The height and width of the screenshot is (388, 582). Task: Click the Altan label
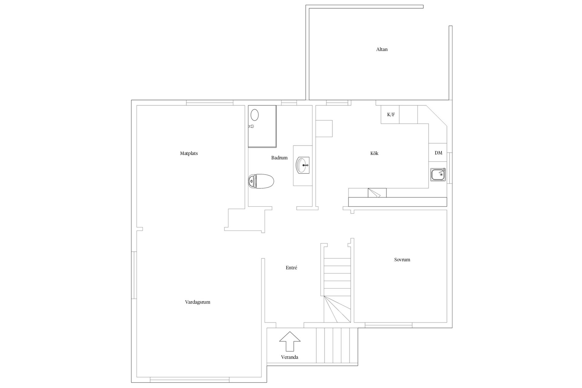pos(382,49)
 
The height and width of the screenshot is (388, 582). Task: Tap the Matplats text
pos(189,153)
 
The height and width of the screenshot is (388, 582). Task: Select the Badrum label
pos(279,158)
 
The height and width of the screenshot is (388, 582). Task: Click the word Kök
pos(374,153)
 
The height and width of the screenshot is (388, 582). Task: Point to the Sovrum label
pos(402,259)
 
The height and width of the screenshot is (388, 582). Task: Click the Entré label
pos(291,268)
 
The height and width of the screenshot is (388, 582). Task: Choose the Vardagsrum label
pos(198,302)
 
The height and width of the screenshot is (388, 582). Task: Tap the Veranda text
pos(289,357)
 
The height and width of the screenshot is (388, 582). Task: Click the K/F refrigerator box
pos(390,115)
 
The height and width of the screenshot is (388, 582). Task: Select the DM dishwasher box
pos(438,152)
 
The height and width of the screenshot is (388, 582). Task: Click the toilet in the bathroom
pos(261,181)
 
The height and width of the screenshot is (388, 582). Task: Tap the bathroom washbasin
pos(303,166)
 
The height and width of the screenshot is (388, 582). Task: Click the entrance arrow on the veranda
pos(290,341)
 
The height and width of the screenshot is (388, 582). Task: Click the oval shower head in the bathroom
pos(255,115)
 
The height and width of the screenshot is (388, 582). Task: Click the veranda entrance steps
pos(337,345)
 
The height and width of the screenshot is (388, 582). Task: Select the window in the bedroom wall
pos(388,325)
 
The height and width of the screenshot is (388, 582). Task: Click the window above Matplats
pos(209,103)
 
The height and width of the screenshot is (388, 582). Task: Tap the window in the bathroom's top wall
pos(289,103)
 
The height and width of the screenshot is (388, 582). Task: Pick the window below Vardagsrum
pos(190,380)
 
